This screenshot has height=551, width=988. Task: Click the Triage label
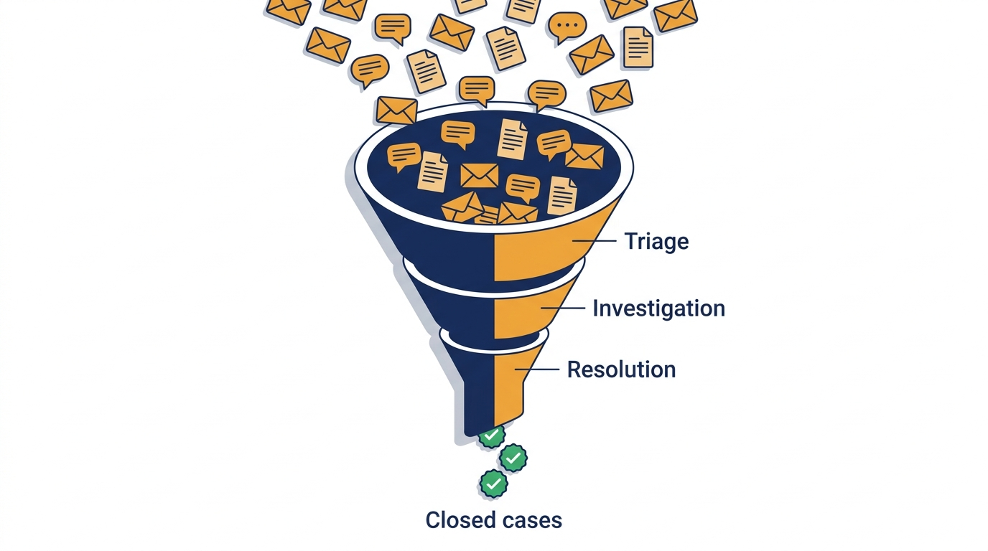tap(656, 241)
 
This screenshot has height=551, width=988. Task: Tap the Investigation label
tap(658, 309)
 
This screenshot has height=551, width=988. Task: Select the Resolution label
tap(621, 369)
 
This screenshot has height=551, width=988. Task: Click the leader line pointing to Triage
tap(595, 241)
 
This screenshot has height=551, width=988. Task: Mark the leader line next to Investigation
tap(563, 309)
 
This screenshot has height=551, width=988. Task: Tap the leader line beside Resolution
tap(537, 369)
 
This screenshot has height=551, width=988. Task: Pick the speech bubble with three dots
tap(567, 27)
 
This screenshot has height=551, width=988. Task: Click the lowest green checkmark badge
tap(493, 484)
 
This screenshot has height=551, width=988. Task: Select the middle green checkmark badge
tap(513, 458)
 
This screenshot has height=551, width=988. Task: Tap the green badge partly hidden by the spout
tap(492, 436)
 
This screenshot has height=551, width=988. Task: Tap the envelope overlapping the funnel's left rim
tap(396, 110)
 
